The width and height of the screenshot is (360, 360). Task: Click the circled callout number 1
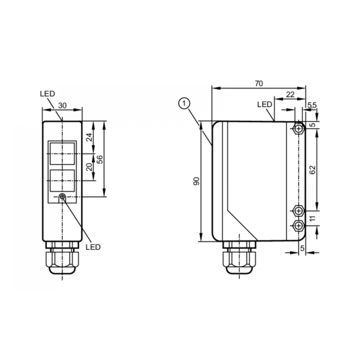pos(184,104)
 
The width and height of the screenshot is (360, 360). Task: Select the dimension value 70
pos(259,84)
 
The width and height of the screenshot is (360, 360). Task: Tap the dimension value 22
pos(290,94)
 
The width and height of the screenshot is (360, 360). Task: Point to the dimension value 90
pos(197,181)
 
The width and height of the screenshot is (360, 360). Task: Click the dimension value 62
pos(312,170)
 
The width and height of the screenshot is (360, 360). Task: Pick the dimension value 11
pos(312,219)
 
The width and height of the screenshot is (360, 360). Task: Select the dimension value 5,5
pos(312,105)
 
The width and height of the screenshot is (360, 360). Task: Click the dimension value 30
pos(62,105)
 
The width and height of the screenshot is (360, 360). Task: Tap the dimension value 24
pos(89,137)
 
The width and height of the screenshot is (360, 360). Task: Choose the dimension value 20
pos(89,167)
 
